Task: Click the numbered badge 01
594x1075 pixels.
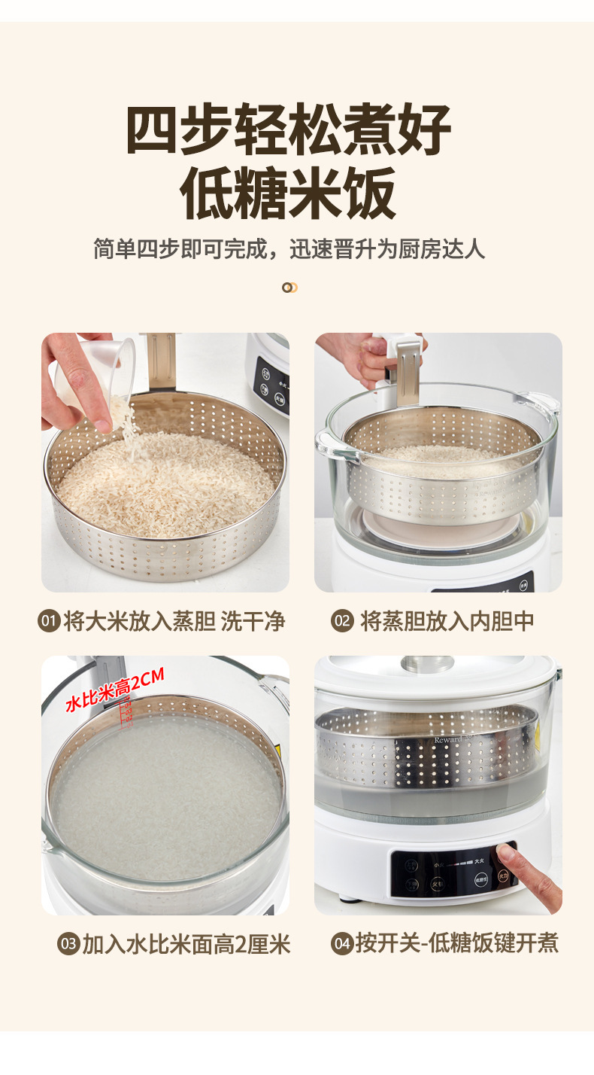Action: point(49,622)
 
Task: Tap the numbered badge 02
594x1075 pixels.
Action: point(342,622)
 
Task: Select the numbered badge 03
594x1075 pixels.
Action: point(68,944)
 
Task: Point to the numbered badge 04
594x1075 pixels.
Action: point(342,944)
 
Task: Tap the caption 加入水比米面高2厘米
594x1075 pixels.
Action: point(186,944)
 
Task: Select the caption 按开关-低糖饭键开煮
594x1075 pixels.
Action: point(457,943)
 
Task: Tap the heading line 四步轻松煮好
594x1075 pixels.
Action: point(289,129)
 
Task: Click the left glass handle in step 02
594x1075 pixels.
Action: point(331,446)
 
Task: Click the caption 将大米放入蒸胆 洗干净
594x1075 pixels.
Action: point(174,622)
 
